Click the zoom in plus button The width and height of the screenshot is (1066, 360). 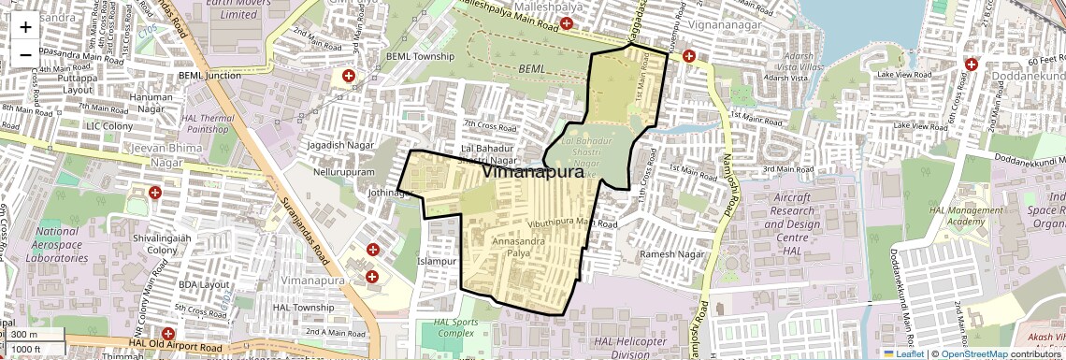25,27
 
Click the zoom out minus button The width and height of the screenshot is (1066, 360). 25,54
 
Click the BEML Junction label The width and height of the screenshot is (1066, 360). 210,75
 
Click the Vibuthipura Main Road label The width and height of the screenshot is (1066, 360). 572,224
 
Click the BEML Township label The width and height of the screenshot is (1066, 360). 420,56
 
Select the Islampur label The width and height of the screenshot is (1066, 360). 436,261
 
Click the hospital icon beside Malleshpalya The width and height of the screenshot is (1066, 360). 567,22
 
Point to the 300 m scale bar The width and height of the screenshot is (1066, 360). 34,335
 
